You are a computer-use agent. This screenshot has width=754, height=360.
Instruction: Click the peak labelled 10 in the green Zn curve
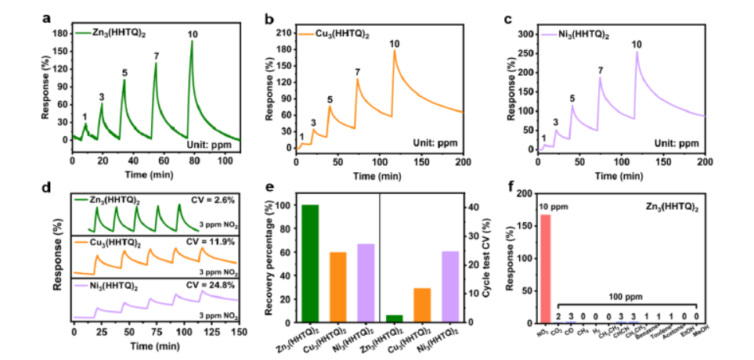click(192, 41)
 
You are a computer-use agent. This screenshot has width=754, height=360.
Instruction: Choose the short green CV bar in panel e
click(395, 318)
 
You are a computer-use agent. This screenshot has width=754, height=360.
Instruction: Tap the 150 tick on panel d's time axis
click(237, 330)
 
